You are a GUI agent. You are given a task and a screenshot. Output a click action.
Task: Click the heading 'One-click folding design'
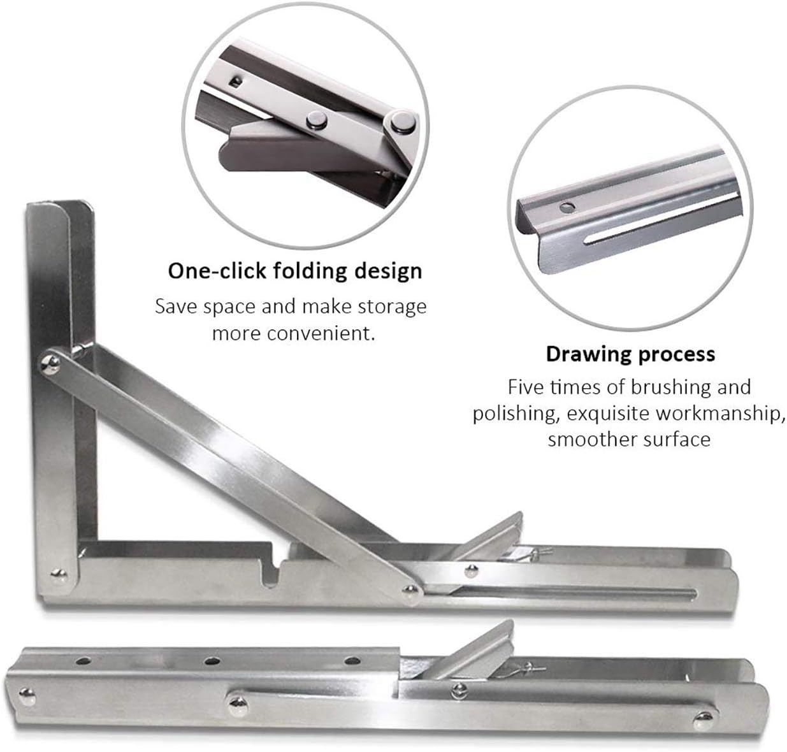(x=294, y=270)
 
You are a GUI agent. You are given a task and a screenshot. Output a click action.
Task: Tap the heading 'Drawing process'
(x=630, y=354)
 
